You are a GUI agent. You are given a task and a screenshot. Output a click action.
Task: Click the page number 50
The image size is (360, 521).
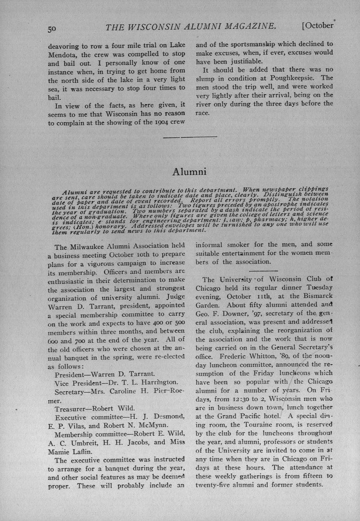tap(52, 28)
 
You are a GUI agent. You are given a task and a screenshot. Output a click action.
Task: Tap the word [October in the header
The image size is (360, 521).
tap(318, 26)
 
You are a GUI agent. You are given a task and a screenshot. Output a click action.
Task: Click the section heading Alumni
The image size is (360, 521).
tap(189, 172)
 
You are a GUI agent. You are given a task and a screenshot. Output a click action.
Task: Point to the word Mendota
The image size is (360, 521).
tap(62, 54)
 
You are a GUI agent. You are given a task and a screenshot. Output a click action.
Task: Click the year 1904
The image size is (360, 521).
tap(160, 122)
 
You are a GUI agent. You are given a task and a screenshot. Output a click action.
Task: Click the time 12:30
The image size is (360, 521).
tap(242, 399)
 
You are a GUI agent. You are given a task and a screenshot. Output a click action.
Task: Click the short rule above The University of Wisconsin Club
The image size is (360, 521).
tap(264, 271)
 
